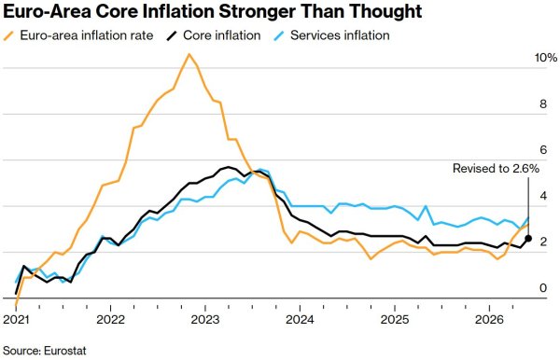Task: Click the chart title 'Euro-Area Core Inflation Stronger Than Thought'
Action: (x=213, y=11)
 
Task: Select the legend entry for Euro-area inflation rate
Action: (x=78, y=35)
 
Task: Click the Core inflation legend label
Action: (x=222, y=35)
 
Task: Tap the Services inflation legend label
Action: (x=340, y=35)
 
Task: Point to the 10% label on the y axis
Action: (x=546, y=58)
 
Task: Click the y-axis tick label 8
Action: (x=543, y=104)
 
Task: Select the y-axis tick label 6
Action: (x=543, y=150)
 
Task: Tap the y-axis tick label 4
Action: (x=543, y=196)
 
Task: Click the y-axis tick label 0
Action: (x=543, y=288)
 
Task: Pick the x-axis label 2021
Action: (x=16, y=319)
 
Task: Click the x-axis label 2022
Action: (x=111, y=319)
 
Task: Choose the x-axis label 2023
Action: (x=205, y=319)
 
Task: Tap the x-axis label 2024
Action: (x=300, y=319)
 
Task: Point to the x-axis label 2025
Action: (x=395, y=319)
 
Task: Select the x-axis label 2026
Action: (x=489, y=319)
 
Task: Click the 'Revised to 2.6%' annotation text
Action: (x=496, y=169)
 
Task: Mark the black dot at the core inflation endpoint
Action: (x=528, y=239)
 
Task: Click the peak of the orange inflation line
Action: (x=189, y=54)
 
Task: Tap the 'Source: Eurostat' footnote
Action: (x=45, y=351)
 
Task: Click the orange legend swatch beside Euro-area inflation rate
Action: (x=8, y=35)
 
